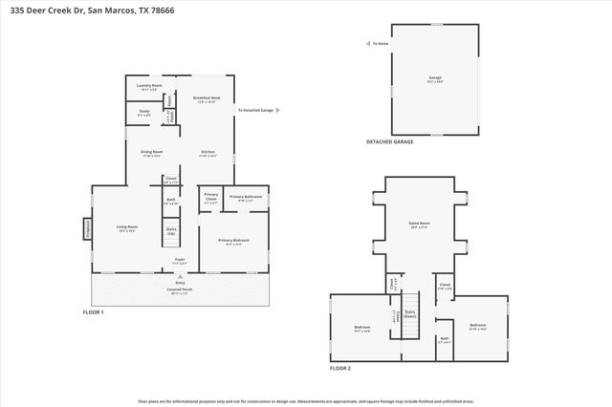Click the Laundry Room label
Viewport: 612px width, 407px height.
point(144,87)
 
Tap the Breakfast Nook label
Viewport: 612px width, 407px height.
point(208,99)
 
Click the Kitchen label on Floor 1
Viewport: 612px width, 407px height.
point(208,153)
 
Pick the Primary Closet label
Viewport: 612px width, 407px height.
point(211,200)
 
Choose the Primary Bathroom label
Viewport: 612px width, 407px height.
point(246,199)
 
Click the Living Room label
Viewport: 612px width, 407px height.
point(126,228)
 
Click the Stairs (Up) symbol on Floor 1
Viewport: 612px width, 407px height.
point(171,231)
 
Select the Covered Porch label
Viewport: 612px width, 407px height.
point(180,290)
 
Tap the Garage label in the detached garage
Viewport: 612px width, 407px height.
point(435,79)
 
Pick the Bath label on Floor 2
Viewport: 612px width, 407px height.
point(444,339)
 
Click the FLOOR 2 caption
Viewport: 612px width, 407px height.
point(340,368)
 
